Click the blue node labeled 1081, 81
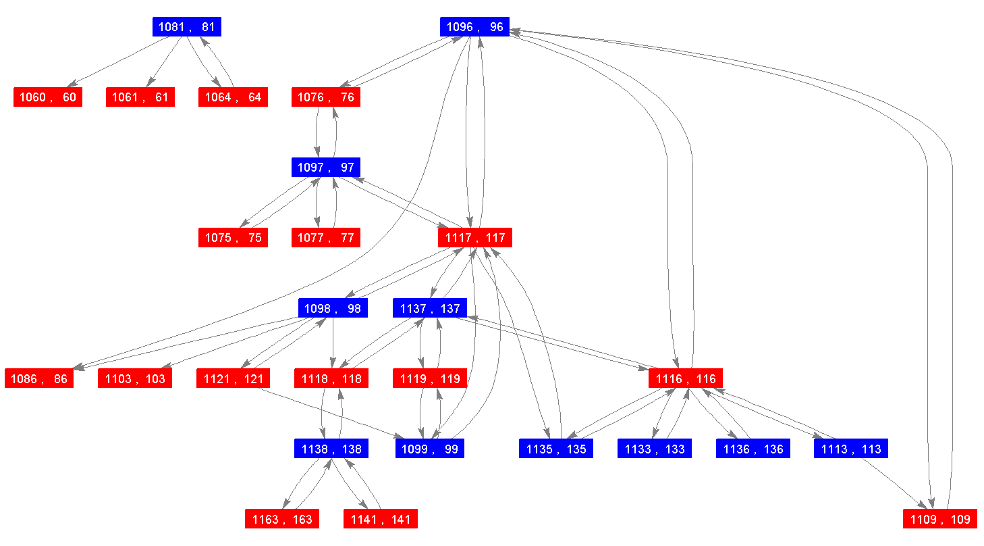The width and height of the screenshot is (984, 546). coord(187,27)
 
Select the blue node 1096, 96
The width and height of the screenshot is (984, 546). coord(474,27)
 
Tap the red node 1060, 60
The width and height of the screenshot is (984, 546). coord(48,97)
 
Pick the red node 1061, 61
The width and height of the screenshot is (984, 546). coord(140,97)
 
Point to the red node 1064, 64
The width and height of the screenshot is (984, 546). coord(233,97)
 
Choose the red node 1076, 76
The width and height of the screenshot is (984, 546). coord(326,97)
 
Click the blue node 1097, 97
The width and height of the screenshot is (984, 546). coord(326,168)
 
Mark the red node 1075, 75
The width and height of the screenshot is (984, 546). coord(233,238)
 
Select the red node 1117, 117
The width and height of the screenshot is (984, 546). coord(475,238)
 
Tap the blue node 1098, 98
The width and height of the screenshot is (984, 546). coord(333,309)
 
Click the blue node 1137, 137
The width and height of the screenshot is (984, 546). coord(430,309)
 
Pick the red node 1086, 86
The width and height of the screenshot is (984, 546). coord(39,378)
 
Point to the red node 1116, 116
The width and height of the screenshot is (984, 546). coord(686,378)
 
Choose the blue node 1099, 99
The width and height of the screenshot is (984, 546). coord(430,449)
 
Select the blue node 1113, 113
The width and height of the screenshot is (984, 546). coord(851,449)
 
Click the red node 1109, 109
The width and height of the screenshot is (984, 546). coord(940,519)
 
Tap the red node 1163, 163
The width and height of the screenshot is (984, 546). coord(282,519)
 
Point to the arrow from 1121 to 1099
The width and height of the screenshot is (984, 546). coord(337,413)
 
